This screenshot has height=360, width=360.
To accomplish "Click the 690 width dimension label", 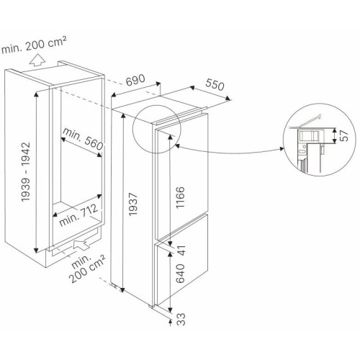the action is [135, 80].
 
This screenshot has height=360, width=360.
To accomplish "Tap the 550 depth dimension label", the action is [215, 85].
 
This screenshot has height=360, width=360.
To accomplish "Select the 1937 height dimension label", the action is [132, 204].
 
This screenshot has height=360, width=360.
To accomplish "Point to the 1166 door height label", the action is [180, 197].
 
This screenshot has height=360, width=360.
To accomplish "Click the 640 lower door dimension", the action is [180, 274].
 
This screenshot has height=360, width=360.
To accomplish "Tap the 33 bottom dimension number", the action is [182, 319].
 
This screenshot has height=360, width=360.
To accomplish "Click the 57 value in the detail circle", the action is [344, 135].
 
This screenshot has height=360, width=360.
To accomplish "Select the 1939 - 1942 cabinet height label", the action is [26, 172].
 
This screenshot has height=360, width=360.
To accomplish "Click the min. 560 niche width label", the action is [83, 138].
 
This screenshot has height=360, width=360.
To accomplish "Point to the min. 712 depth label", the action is [78, 215].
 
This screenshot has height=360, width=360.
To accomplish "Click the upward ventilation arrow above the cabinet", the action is [37, 60].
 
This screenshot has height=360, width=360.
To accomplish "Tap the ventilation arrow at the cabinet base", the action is [81, 245].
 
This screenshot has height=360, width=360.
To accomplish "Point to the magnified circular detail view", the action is [320, 140].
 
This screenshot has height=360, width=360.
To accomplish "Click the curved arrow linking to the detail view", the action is [230, 152].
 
